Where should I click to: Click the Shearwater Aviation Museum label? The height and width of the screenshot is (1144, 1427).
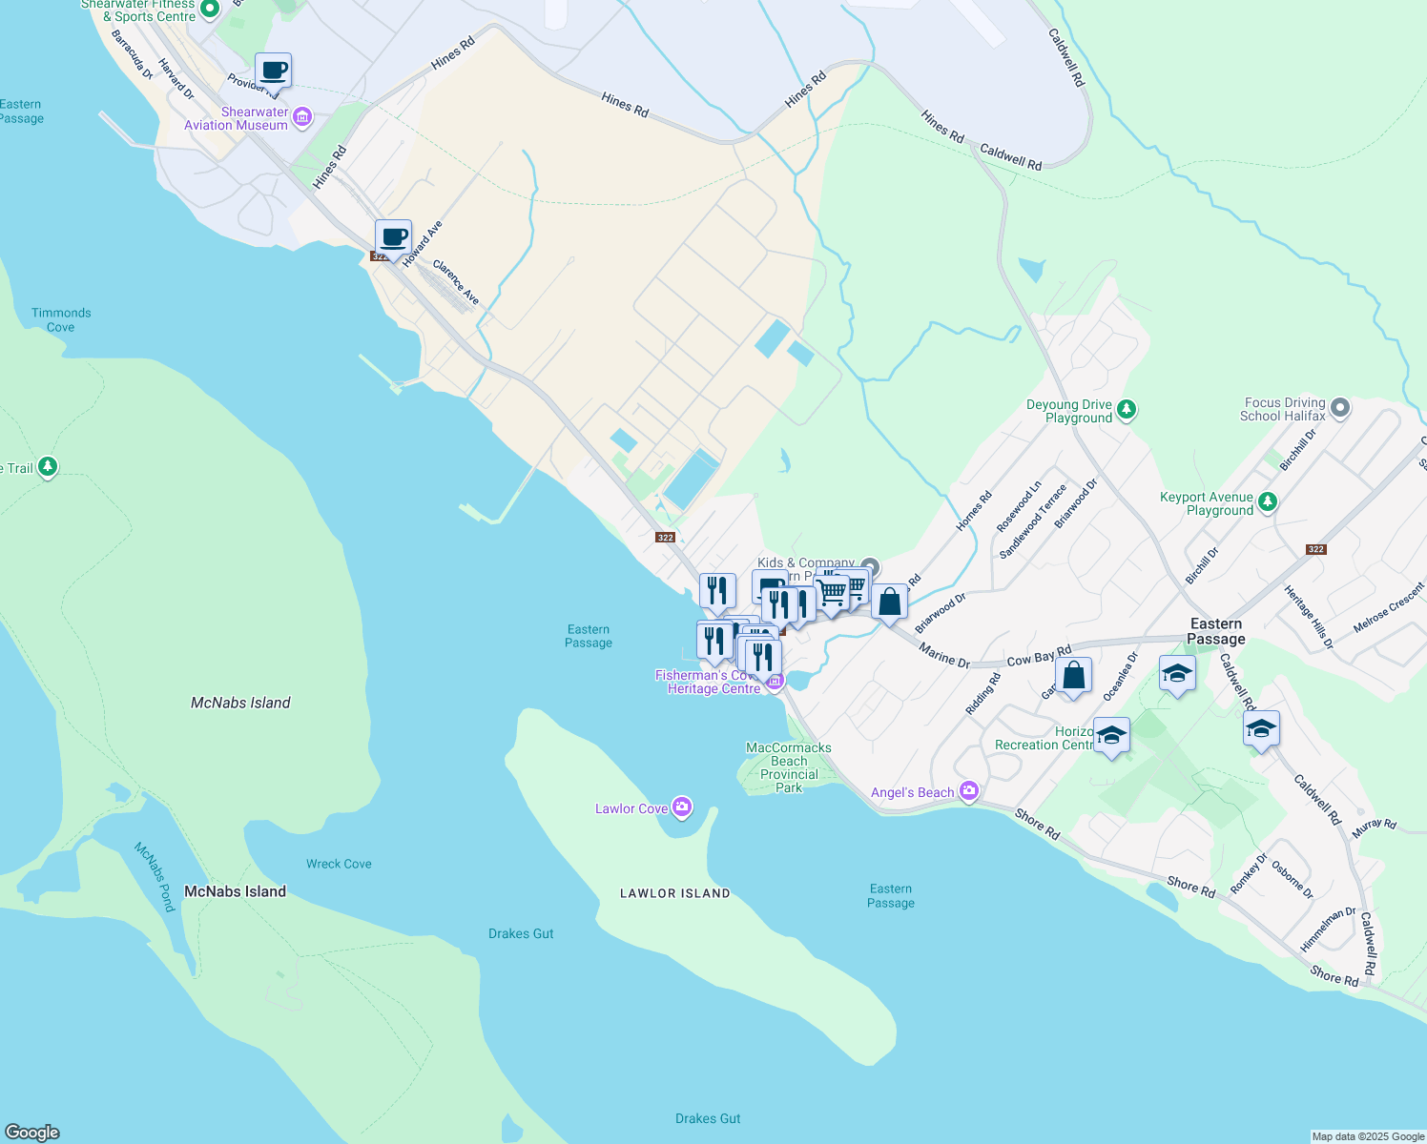tap(236, 118)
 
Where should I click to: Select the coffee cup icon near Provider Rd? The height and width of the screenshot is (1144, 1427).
tap(273, 71)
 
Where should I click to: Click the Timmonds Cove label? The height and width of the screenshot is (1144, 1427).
tap(61, 319)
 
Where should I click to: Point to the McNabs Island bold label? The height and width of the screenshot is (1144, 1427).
tap(235, 891)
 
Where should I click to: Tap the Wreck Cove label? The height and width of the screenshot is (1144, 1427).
tap(339, 864)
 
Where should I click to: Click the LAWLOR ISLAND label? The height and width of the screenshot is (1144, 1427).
tap(674, 893)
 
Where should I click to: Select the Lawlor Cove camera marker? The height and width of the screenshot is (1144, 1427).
tap(682, 807)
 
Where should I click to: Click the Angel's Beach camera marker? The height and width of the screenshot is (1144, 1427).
tap(969, 791)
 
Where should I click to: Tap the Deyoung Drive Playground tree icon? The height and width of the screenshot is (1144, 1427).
tap(1127, 410)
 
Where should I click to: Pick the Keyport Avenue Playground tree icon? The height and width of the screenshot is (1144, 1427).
tap(1267, 501)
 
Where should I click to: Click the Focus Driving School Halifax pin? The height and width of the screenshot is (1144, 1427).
tap(1340, 408)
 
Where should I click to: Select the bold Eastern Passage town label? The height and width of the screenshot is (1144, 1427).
tap(1215, 631)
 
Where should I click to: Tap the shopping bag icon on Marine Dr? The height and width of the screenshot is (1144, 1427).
tap(889, 603)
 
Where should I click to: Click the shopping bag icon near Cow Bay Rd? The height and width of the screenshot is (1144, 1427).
tap(1073, 676)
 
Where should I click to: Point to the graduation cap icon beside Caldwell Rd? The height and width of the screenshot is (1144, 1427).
tap(1260, 729)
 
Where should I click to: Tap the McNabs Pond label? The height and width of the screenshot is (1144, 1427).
tap(155, 876)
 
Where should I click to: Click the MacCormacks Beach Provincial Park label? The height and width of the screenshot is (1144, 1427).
tap(789, 767)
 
